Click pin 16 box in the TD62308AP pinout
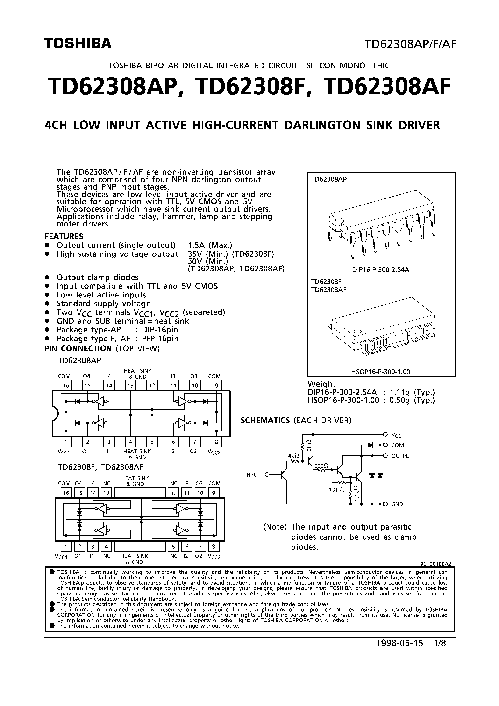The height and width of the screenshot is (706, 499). pyautogui.click(x=66, y=385)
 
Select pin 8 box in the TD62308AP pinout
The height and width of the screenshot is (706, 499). pyautogui.click(x=216, y=442)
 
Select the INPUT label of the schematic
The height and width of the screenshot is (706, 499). pyautogui.click(x=253, y=475)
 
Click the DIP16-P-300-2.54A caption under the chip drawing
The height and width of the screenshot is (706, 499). pyautogui.click(x=381, y=270)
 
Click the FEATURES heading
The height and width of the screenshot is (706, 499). pyautogui.click(x=64, y=236)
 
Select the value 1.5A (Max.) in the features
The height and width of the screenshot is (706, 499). pyautogui.click(x=210, y=245)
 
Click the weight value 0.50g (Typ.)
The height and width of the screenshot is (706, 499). pyautogui.click(x=412, y=400)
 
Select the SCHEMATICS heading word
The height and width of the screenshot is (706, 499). pyautogui.click(x=265, y=420)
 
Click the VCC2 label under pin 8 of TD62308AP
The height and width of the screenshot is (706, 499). pyautogui.click(x=214, y=452)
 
